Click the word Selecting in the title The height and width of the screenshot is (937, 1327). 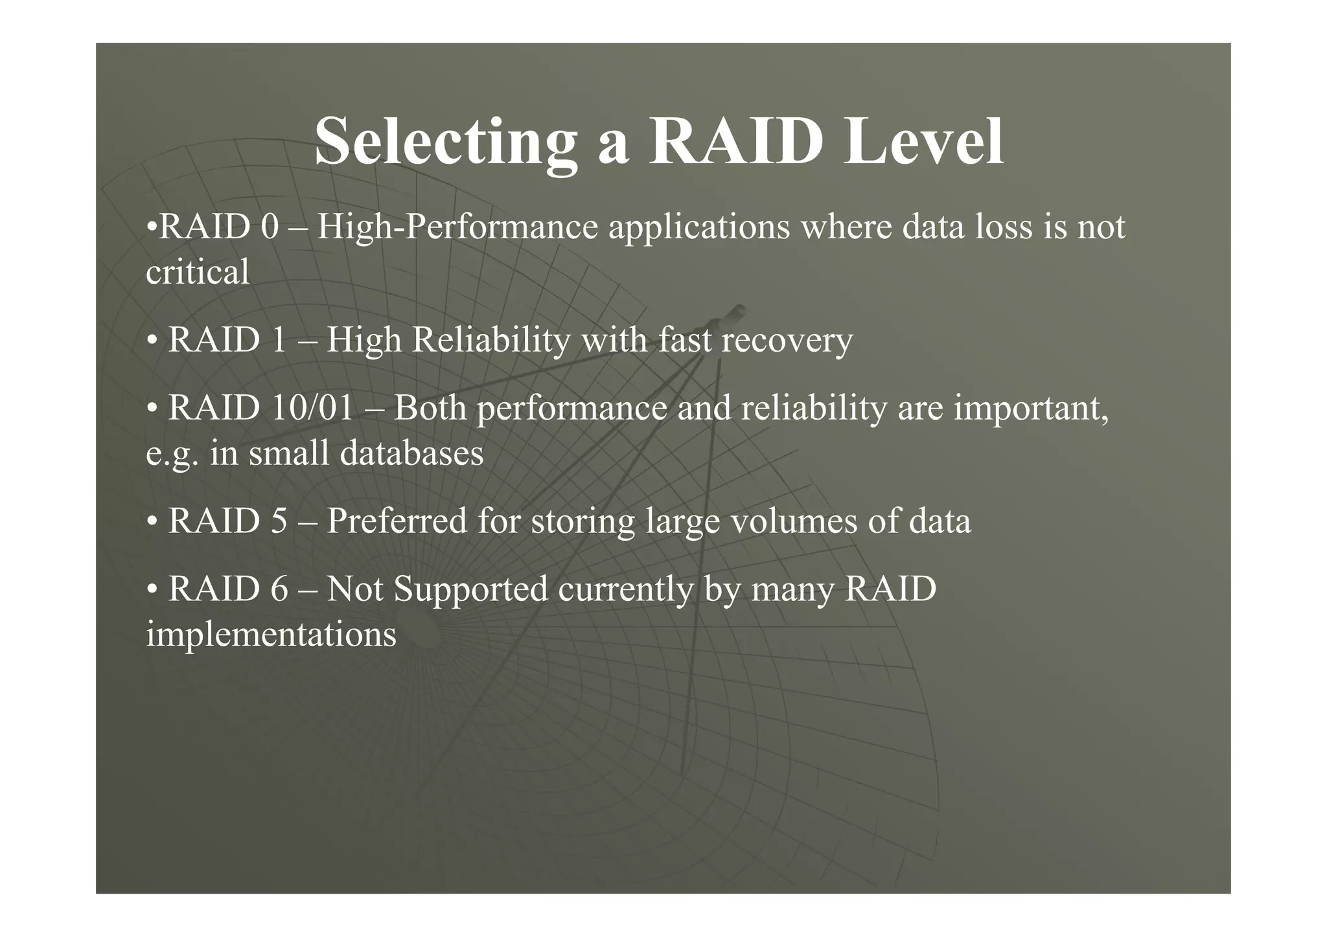point(446,142)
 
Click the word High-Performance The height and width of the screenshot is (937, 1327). point(457,228)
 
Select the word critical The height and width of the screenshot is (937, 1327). point(197,272)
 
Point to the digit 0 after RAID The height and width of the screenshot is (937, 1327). point(270,228)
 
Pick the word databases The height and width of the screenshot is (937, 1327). point(411,453)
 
